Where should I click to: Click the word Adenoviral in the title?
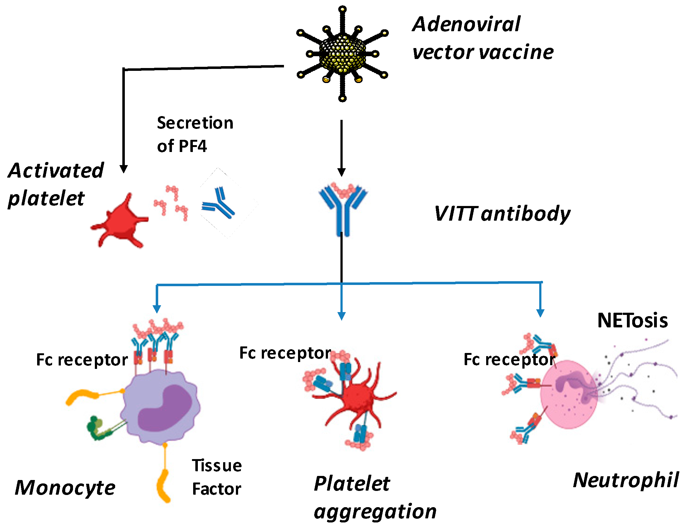466,24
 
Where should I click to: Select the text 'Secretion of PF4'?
194,134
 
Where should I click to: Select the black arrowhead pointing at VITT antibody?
341,172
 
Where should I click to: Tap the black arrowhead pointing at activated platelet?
124,169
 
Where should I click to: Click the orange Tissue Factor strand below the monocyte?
164,485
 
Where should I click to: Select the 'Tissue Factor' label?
217,477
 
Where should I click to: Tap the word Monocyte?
65,488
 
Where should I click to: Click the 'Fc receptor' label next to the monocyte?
82,360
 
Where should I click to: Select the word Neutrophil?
625,480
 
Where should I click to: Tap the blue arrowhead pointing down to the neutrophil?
540,313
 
